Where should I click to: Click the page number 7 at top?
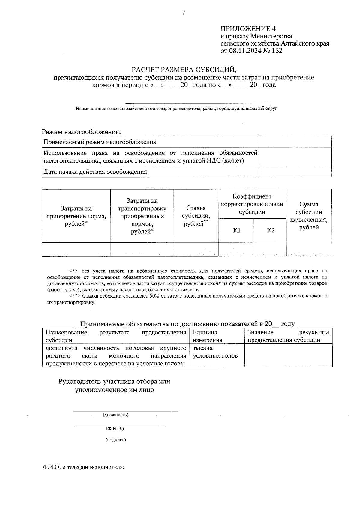point(184,12)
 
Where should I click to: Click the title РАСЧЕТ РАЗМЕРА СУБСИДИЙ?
point(184,70)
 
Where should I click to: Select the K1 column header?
point(237,230)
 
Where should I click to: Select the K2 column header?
point(271,230)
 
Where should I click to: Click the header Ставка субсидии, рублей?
point(196,216)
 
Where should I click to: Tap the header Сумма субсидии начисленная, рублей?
point(309,216)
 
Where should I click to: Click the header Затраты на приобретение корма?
point(76,216)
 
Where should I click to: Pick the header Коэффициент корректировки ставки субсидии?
point(252,204)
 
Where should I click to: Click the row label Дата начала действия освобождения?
point(95,172)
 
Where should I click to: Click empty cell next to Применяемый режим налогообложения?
point(295,142)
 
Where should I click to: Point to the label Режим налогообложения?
point(81,132)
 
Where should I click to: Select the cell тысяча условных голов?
point(215,352)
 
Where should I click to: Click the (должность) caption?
point(115,415)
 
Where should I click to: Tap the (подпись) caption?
point(115,440)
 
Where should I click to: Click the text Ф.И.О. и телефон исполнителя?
point(83,467)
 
